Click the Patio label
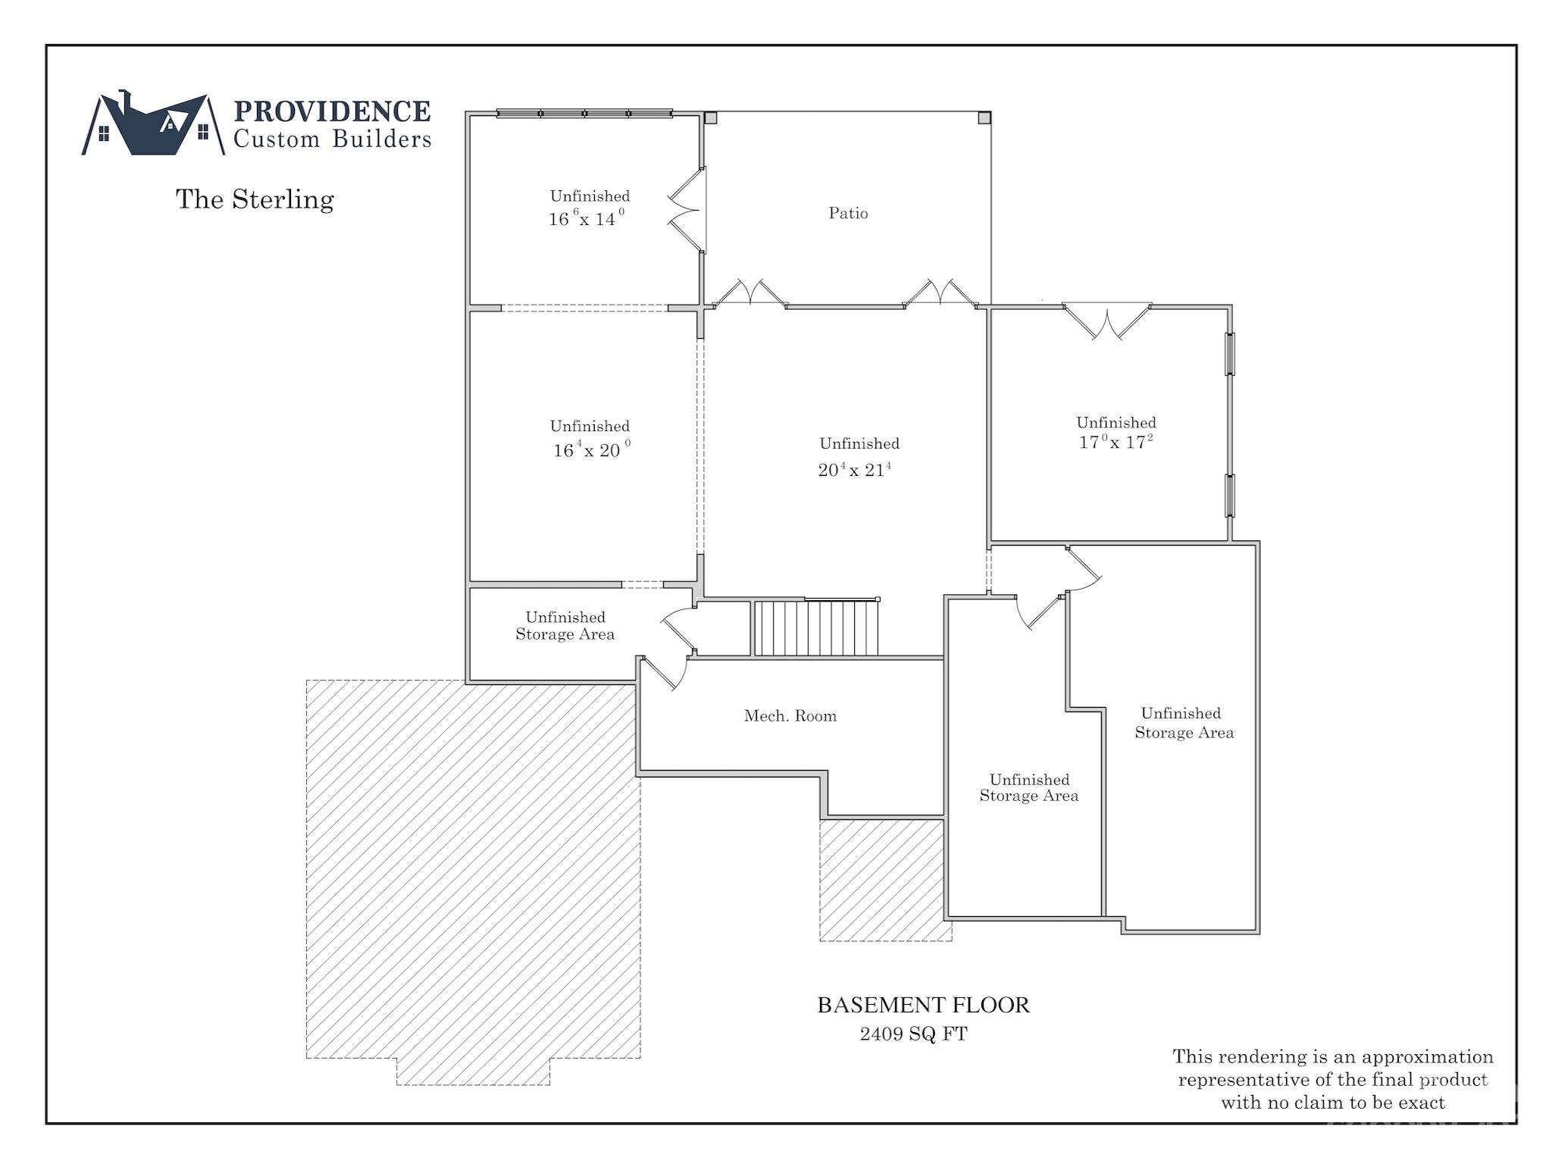pyautogui.click(x=848, y=213)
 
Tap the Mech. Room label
pyautogui.click(x=790, y=716)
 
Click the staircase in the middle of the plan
pyautogui.click(x=816, y=628)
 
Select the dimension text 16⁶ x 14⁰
pyautogui.click(x=587, y=219)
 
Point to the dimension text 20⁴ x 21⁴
pyautogui.click(x=854, y=470)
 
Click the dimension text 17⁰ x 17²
pyautogui.click(x=1115, y=442)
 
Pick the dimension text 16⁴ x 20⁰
pyautogui.click(x=591, y=450)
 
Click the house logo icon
pyautogui.click(x=154, y=125)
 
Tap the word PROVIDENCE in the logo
pyautogui.click(x=332, y=111)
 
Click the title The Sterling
pyautogui.click(x=255, y=199)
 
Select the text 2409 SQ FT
pyautogui.click(x=913, y=1034)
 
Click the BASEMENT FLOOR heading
pyautogui.click(x=923, y=1005)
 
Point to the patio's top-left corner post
pyautogui.click(x=711, y=118)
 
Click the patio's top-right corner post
pyautogui.click(x=984, y=118)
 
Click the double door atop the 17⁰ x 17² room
pyautogui.click(x=1107, y=320)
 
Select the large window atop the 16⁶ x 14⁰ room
pyautogui.click(x=584, y=114)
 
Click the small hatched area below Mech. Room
pyautogui.click(x=884, y=879)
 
